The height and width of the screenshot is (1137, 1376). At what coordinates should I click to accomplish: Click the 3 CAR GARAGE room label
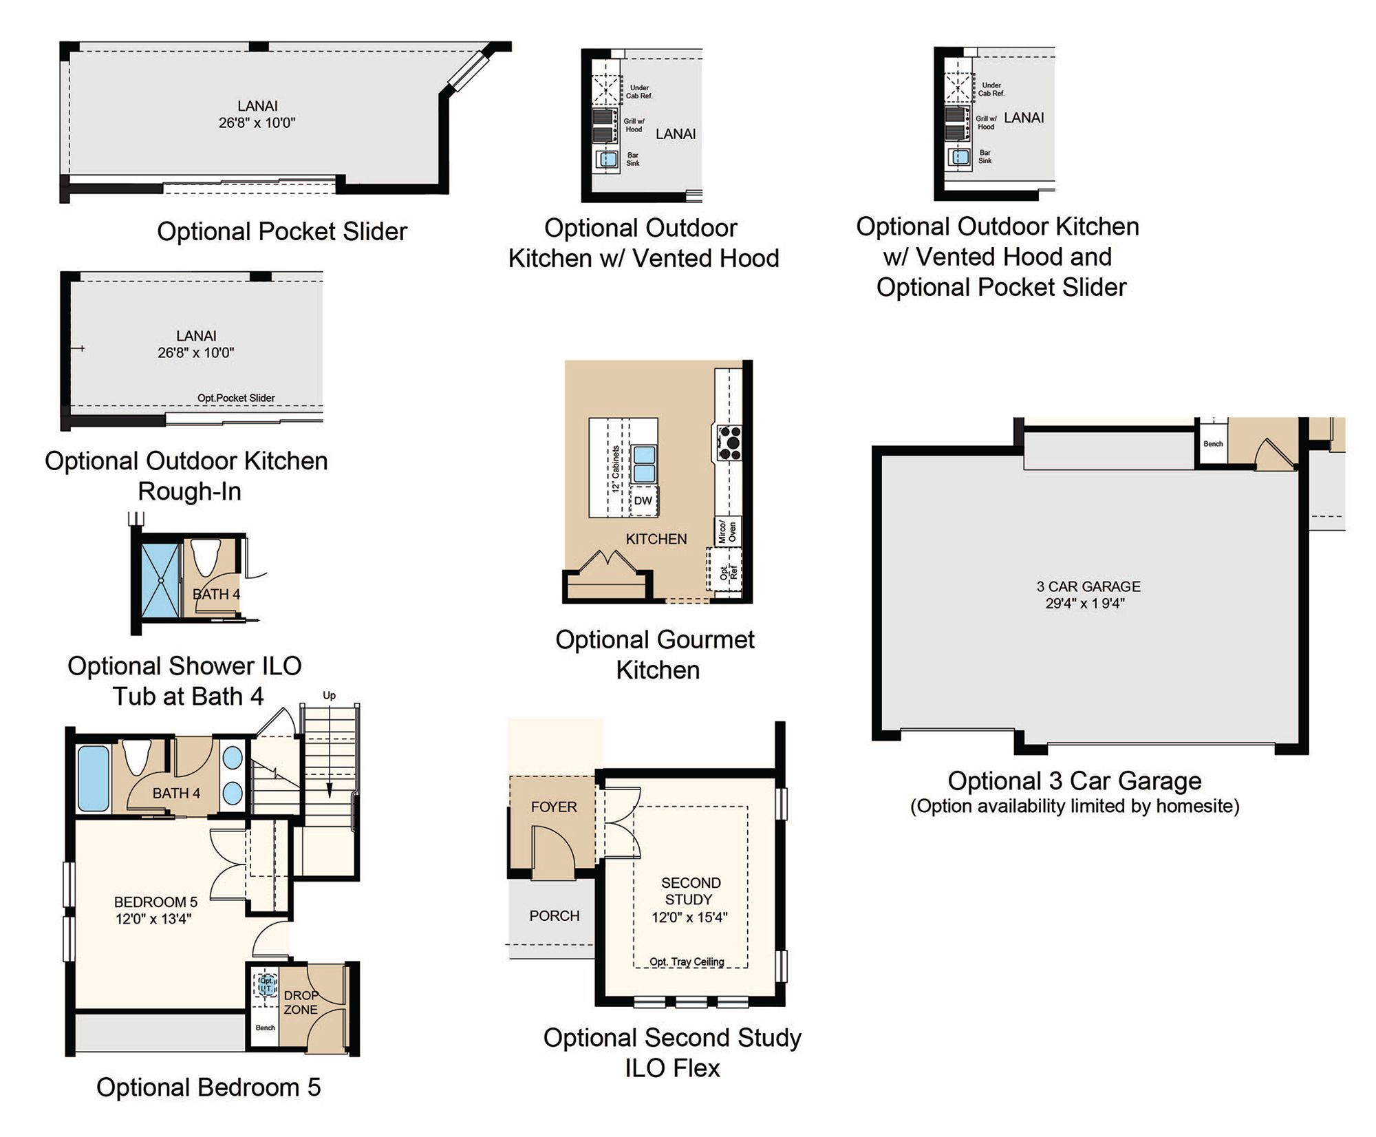(x=1088, y=586)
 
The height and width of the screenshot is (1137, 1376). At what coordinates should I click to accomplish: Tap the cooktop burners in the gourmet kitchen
(x=729, y=443)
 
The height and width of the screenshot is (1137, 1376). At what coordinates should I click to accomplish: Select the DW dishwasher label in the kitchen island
(x=643, y=500)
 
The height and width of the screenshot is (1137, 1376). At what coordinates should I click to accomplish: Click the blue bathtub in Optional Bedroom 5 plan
(x=94, y=778)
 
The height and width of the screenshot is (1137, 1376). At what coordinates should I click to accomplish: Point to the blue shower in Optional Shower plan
(x=160, y=580)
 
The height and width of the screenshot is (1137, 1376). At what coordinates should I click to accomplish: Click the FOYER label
(x=554, y=807)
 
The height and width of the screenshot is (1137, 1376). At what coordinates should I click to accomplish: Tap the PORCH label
(x=555, y=915)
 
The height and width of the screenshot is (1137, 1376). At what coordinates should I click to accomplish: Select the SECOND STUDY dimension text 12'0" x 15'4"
(x=689, y=917)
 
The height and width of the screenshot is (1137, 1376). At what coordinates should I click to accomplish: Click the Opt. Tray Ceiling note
(x=687, y=961)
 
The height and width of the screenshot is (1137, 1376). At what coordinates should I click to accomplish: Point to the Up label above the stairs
(x=330, y=696)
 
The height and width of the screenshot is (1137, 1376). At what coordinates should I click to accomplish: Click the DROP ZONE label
(x=301, y=1002)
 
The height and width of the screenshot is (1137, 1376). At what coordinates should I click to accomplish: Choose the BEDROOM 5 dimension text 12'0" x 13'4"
(x=153, y=918)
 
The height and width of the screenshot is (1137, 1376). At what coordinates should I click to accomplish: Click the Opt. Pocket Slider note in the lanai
(x=236, y=398)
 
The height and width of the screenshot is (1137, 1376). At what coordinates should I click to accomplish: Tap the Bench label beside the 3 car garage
(x=1213, y=443)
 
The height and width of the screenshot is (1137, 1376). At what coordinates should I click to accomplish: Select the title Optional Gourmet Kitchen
(x=655, y=655)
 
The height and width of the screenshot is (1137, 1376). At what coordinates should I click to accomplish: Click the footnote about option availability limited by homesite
(x=1075, y=806)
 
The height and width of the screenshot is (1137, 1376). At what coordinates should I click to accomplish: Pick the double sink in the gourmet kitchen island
(x=644, y=464)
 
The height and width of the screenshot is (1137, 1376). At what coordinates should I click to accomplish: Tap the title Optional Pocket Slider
(x=282, y=231)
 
